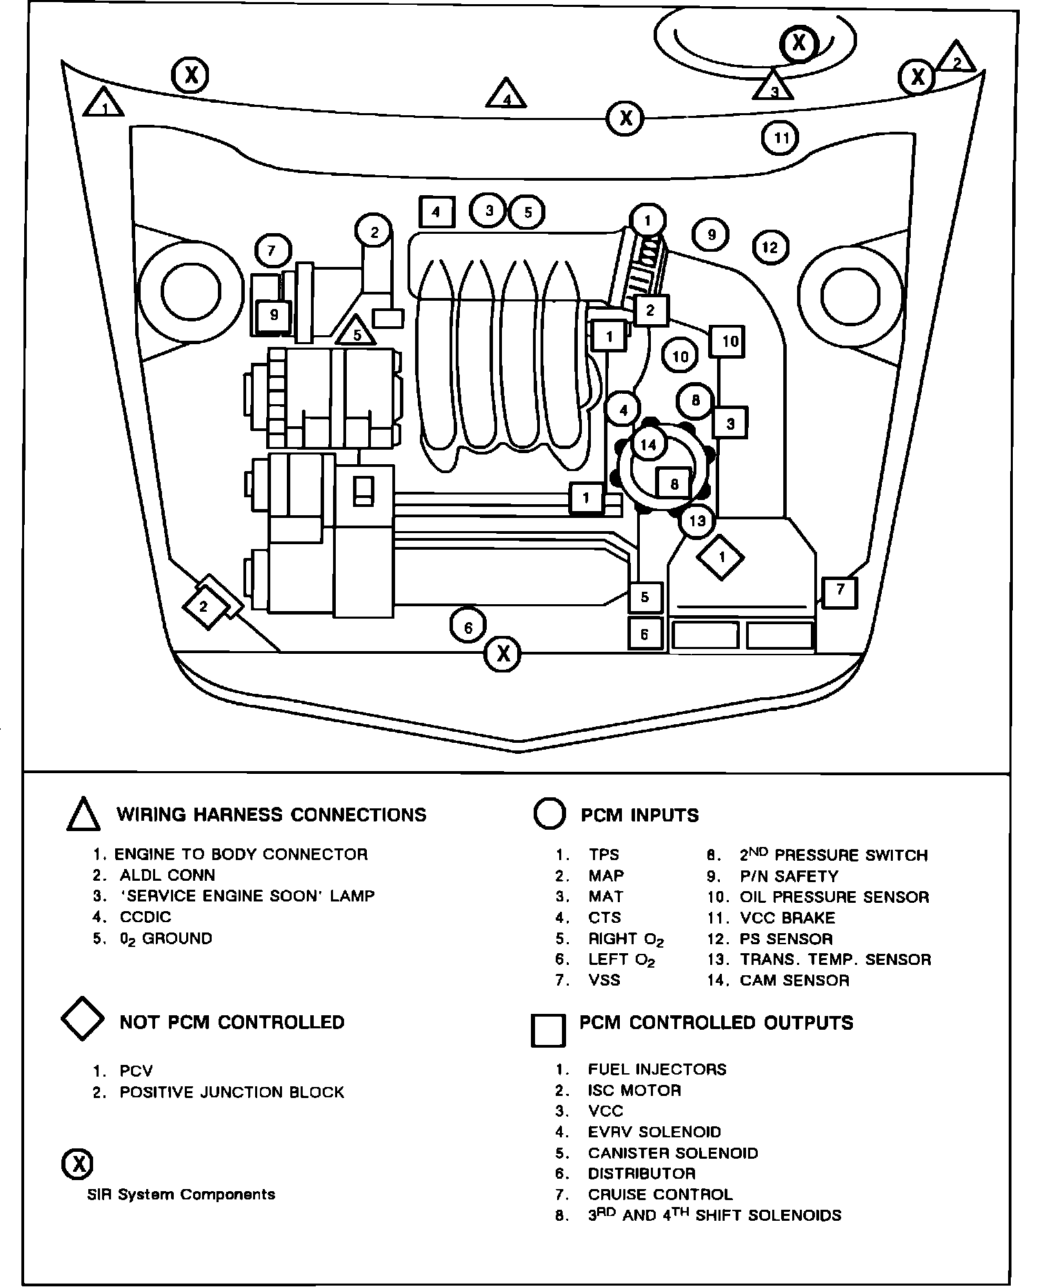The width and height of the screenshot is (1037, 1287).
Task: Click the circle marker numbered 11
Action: (x=781, y=138)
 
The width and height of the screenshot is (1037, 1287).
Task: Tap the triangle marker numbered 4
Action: (x=506, y=95)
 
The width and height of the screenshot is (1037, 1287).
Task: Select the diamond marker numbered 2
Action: (x=203, y=607)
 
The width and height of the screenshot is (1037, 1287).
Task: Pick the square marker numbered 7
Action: (x=840, y=590)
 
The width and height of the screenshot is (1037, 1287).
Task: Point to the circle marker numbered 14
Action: (x=648, y=445)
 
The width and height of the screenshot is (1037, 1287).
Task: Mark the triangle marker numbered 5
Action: (x=356, y=332)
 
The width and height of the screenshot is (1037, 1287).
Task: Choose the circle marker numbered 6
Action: (x=468, y=627)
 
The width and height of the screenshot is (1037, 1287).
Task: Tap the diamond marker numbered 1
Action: (x=721, y=557)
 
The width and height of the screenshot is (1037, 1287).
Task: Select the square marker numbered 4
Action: (x=436, y=212)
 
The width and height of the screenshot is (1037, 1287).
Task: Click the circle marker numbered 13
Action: (x=697, y=520)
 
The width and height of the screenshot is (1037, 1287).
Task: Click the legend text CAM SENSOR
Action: (x=794, y=980)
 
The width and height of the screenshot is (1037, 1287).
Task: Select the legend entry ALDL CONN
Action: (x=167, y=875)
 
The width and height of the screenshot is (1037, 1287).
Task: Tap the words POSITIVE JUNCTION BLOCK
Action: (x=232, y=1092)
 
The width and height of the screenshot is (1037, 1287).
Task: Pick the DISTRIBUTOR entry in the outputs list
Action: (x=641, y=1173)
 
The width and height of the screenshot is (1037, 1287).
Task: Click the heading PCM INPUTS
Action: (x=639, y=815)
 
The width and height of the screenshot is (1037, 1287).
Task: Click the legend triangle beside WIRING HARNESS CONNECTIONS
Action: (x=83, y=814)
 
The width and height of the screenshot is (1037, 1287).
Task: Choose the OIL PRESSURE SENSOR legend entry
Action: (x=834, y=897)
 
